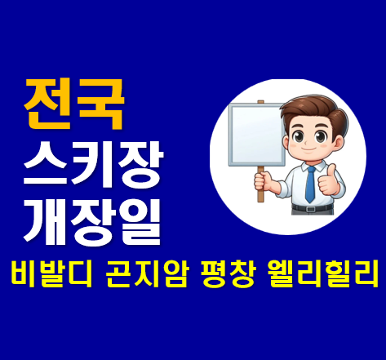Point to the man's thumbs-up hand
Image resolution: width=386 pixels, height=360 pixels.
(329, 180)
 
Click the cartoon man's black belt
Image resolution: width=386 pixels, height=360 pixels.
(311, 208)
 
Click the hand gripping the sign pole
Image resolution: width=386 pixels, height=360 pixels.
(262, 177)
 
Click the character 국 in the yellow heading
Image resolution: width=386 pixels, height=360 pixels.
(101, 104)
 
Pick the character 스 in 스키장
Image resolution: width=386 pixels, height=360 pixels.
(45, 160)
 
